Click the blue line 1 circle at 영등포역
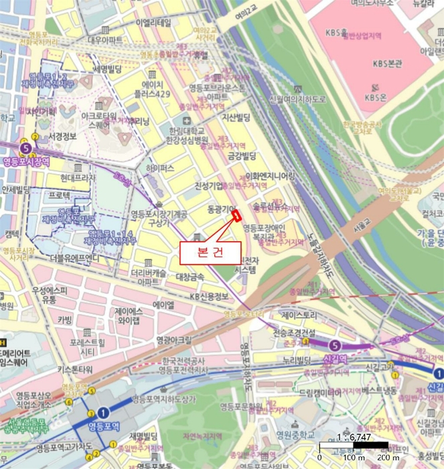pyautogui.click(x=104, y=412)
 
